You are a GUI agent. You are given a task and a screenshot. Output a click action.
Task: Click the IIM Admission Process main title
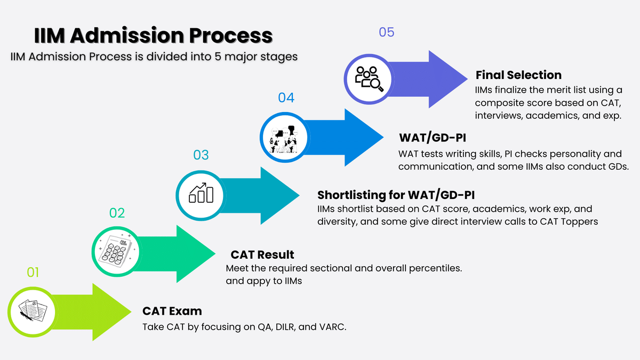(x=154, y=36)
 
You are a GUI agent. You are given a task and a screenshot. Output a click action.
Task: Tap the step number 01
(x=33, y=273)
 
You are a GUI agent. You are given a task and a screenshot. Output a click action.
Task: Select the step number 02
(x=117, y=213)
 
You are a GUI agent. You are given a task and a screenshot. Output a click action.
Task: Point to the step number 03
(x=201, y=155)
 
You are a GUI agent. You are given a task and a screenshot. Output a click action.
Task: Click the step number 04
(x=286, y=98)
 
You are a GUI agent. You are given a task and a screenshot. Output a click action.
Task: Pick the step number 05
(x=386, y=32)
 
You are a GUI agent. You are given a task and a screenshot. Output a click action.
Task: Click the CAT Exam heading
(x=172, y=311)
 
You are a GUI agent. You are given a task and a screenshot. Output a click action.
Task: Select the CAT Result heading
(x=262, y=254)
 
